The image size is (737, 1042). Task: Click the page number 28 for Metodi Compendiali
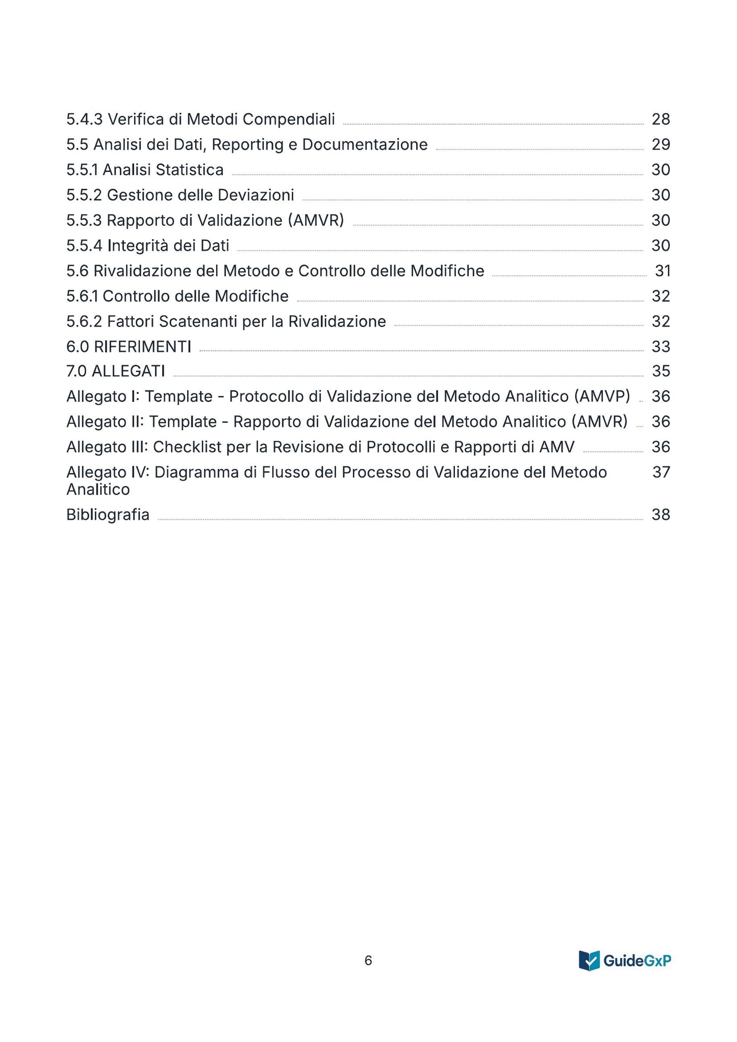pyautogui.click(x=660, y=119)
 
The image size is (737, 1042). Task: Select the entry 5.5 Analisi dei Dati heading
pyautogui.click(x=247, y=145)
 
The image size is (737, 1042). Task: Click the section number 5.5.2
pyautogui.click(x=84, y=195)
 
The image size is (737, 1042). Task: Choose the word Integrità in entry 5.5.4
pyautogui.click(x=138, y=246)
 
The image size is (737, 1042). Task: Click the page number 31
pyautogui.click(x=663, y=271)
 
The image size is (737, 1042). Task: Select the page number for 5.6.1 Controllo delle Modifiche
pyautogui.click(x=660, y=296)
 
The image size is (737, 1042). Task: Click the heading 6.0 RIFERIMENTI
pyautogui.click(x=129, y=347)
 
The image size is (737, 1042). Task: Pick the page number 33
pyautogui.click(x=660, y=347)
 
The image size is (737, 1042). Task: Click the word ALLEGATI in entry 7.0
pyautogui.click(x=128, y=371)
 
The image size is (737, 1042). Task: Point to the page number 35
pyautogui.click(x=660, y=371)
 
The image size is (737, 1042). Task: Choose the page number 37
pyautogui.click(x=661, y=472)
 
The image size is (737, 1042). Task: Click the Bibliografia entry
pyautogui.click(x=108, y=515)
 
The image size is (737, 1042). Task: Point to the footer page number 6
pyautogui.click(x=368, y=961)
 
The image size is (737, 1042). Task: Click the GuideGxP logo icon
pyautogui.click(x=589, y=961)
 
